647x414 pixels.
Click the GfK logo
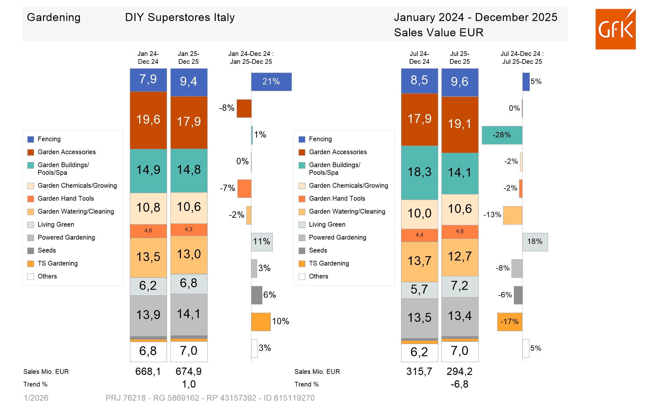click(x=615, y=29)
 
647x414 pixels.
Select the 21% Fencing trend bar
click(x=271, y=82)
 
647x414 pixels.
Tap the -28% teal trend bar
click(x=502, y=135)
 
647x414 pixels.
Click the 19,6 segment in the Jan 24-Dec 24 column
click(x=148, y=120)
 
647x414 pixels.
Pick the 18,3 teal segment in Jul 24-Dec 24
click(x=419, y=173)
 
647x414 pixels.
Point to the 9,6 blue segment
click(x=460, y=82)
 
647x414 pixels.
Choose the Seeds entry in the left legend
click(x=47, y=250)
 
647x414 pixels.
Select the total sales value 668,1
click(x=148, y=371)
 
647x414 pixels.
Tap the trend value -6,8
click(x=459, y=384)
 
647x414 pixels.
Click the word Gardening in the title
click(x=54, y=17)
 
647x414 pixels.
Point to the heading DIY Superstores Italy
click(x=180, y=17)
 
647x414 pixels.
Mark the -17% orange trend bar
click(x=509, y=322)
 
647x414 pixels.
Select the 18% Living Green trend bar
click(x=535, y=242)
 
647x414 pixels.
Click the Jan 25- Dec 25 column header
click(x=188, y=58)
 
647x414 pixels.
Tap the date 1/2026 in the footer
click(x=36, y=398)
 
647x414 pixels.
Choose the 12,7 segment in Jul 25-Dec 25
click(x=460, y=257)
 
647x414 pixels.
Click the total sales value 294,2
click(x=459, y=371)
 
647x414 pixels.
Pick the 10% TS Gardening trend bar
click(x=261, y=322)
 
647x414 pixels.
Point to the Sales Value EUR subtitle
click(x=438, y=33)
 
